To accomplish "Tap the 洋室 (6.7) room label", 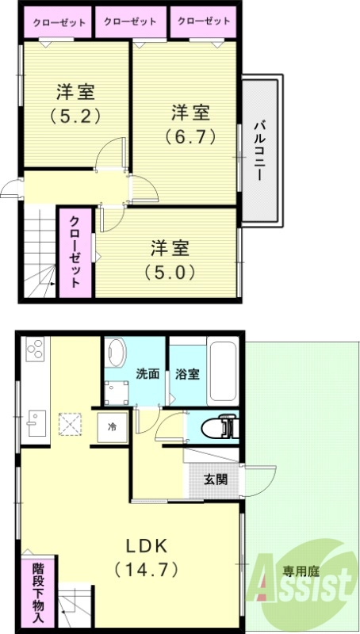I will point(190,122).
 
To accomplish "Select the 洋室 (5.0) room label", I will point(170,259).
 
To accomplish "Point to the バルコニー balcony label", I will point(259,150).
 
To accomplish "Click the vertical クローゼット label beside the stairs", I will point(75,251).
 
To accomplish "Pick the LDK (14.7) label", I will point(147,557).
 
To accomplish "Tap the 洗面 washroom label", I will point(147,372).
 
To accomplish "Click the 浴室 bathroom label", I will point(188,372).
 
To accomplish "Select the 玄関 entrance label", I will point(215,479).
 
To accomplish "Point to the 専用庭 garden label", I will point(301,569).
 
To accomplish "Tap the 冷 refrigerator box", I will point(113,426).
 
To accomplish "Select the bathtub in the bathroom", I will point(222,372).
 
